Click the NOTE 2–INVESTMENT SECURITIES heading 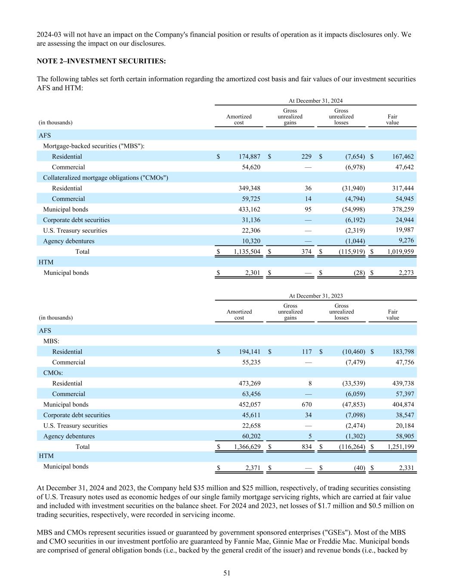pos(101,61)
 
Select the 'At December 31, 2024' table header pos(315,101)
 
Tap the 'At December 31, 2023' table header pos(315,296)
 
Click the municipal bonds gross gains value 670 pos(306,404)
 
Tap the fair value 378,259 pos(402,209)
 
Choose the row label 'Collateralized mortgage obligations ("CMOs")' pos(105,178)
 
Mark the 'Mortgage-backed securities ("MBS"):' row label pos(94,146)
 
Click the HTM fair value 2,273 pos(405,273)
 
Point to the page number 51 pos(227,573)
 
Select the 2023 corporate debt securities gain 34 pos(308,415)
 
